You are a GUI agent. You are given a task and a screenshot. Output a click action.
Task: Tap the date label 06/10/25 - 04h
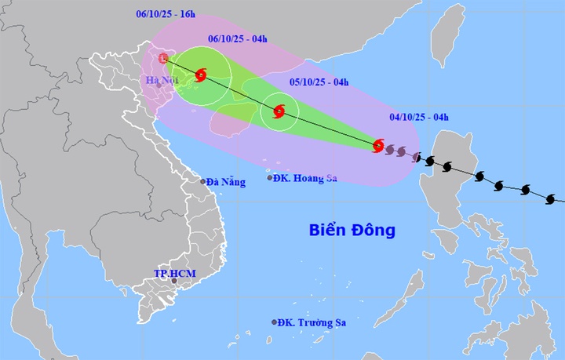(x=238, y=38)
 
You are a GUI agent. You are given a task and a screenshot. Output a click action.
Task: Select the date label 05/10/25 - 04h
(x=319, y=81)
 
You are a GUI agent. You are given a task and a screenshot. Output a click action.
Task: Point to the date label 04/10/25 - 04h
(x=419, y=118)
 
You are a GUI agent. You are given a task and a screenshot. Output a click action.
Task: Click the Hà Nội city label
(x=162, y=82)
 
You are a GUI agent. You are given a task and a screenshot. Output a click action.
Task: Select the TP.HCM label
(x=174, y=273)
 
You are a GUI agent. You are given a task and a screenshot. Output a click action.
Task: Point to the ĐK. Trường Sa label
(x=313, y=322)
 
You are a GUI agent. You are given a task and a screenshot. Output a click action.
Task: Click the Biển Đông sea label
(x=352, y=231)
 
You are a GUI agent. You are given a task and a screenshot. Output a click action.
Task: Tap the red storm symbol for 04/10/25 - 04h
(x=378, y=145)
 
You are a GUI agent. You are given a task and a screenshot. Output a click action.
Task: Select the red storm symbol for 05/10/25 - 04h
(x=279, y=111)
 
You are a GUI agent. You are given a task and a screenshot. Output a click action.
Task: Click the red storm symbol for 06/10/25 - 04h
(x=200, y=75)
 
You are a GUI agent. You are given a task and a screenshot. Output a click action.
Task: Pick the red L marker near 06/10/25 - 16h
(x=163, y=59)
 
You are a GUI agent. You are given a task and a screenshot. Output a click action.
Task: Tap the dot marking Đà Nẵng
(x=202, y=182)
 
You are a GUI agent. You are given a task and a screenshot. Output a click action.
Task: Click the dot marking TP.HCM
(x=163, y=282)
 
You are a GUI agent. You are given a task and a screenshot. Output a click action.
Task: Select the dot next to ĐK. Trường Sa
(x=275, y=322)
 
